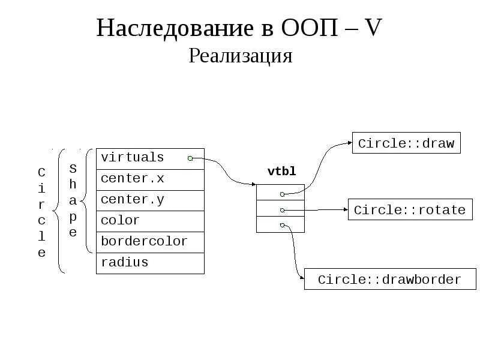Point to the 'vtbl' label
pos(281,172)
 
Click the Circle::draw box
pos(406,144)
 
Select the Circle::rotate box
pos(410,210)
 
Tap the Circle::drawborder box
pos(390,280)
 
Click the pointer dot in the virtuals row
pos(190,158)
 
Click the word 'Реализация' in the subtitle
pos(240,56)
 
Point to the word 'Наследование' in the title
pos(175,28)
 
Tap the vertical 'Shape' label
pos(73,199)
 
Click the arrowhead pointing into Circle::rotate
pos(346,209)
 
